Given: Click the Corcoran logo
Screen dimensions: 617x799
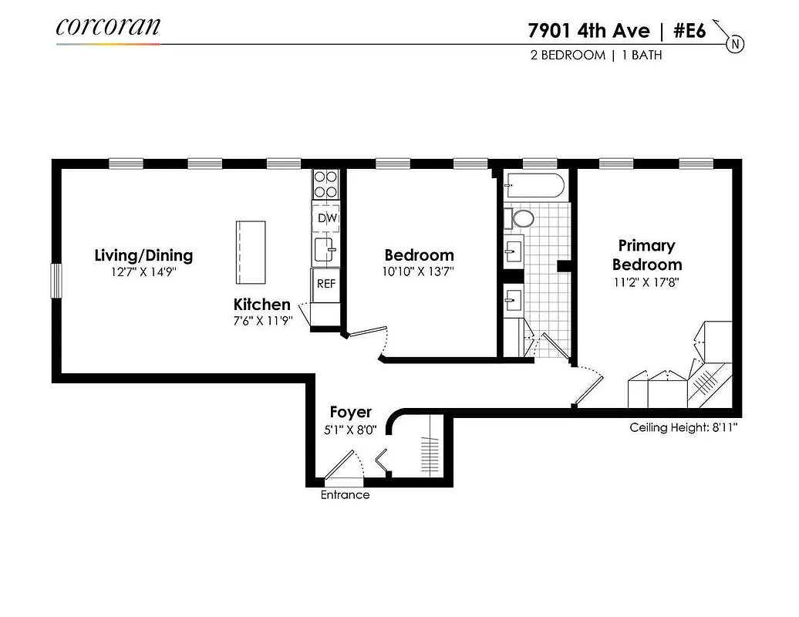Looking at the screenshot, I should [108, 27].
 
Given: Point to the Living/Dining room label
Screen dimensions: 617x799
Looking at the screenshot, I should [143, 255].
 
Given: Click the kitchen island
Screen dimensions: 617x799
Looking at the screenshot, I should [251, 252].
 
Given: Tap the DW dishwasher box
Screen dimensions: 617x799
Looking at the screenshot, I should [327, 218].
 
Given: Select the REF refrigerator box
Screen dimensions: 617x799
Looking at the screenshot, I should [326, 283].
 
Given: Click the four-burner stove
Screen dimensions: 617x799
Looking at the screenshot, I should [326, 185].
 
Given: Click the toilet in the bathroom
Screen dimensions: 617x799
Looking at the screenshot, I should [522, 218].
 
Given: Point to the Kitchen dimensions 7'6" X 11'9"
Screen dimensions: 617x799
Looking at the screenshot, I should [262, 322].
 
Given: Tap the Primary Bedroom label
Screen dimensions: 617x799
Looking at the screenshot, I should [646, 255].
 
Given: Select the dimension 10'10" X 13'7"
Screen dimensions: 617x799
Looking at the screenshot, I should [419, 271].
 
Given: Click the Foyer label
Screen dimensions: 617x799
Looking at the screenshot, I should [350, 413].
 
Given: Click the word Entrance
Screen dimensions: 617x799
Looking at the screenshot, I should [345, 495].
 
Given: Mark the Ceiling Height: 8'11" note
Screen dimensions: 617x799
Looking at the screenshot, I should [683, 427].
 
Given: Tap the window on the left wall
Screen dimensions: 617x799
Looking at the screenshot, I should [56, 281].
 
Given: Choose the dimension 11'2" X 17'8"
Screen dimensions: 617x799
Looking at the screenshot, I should [646, 282].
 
